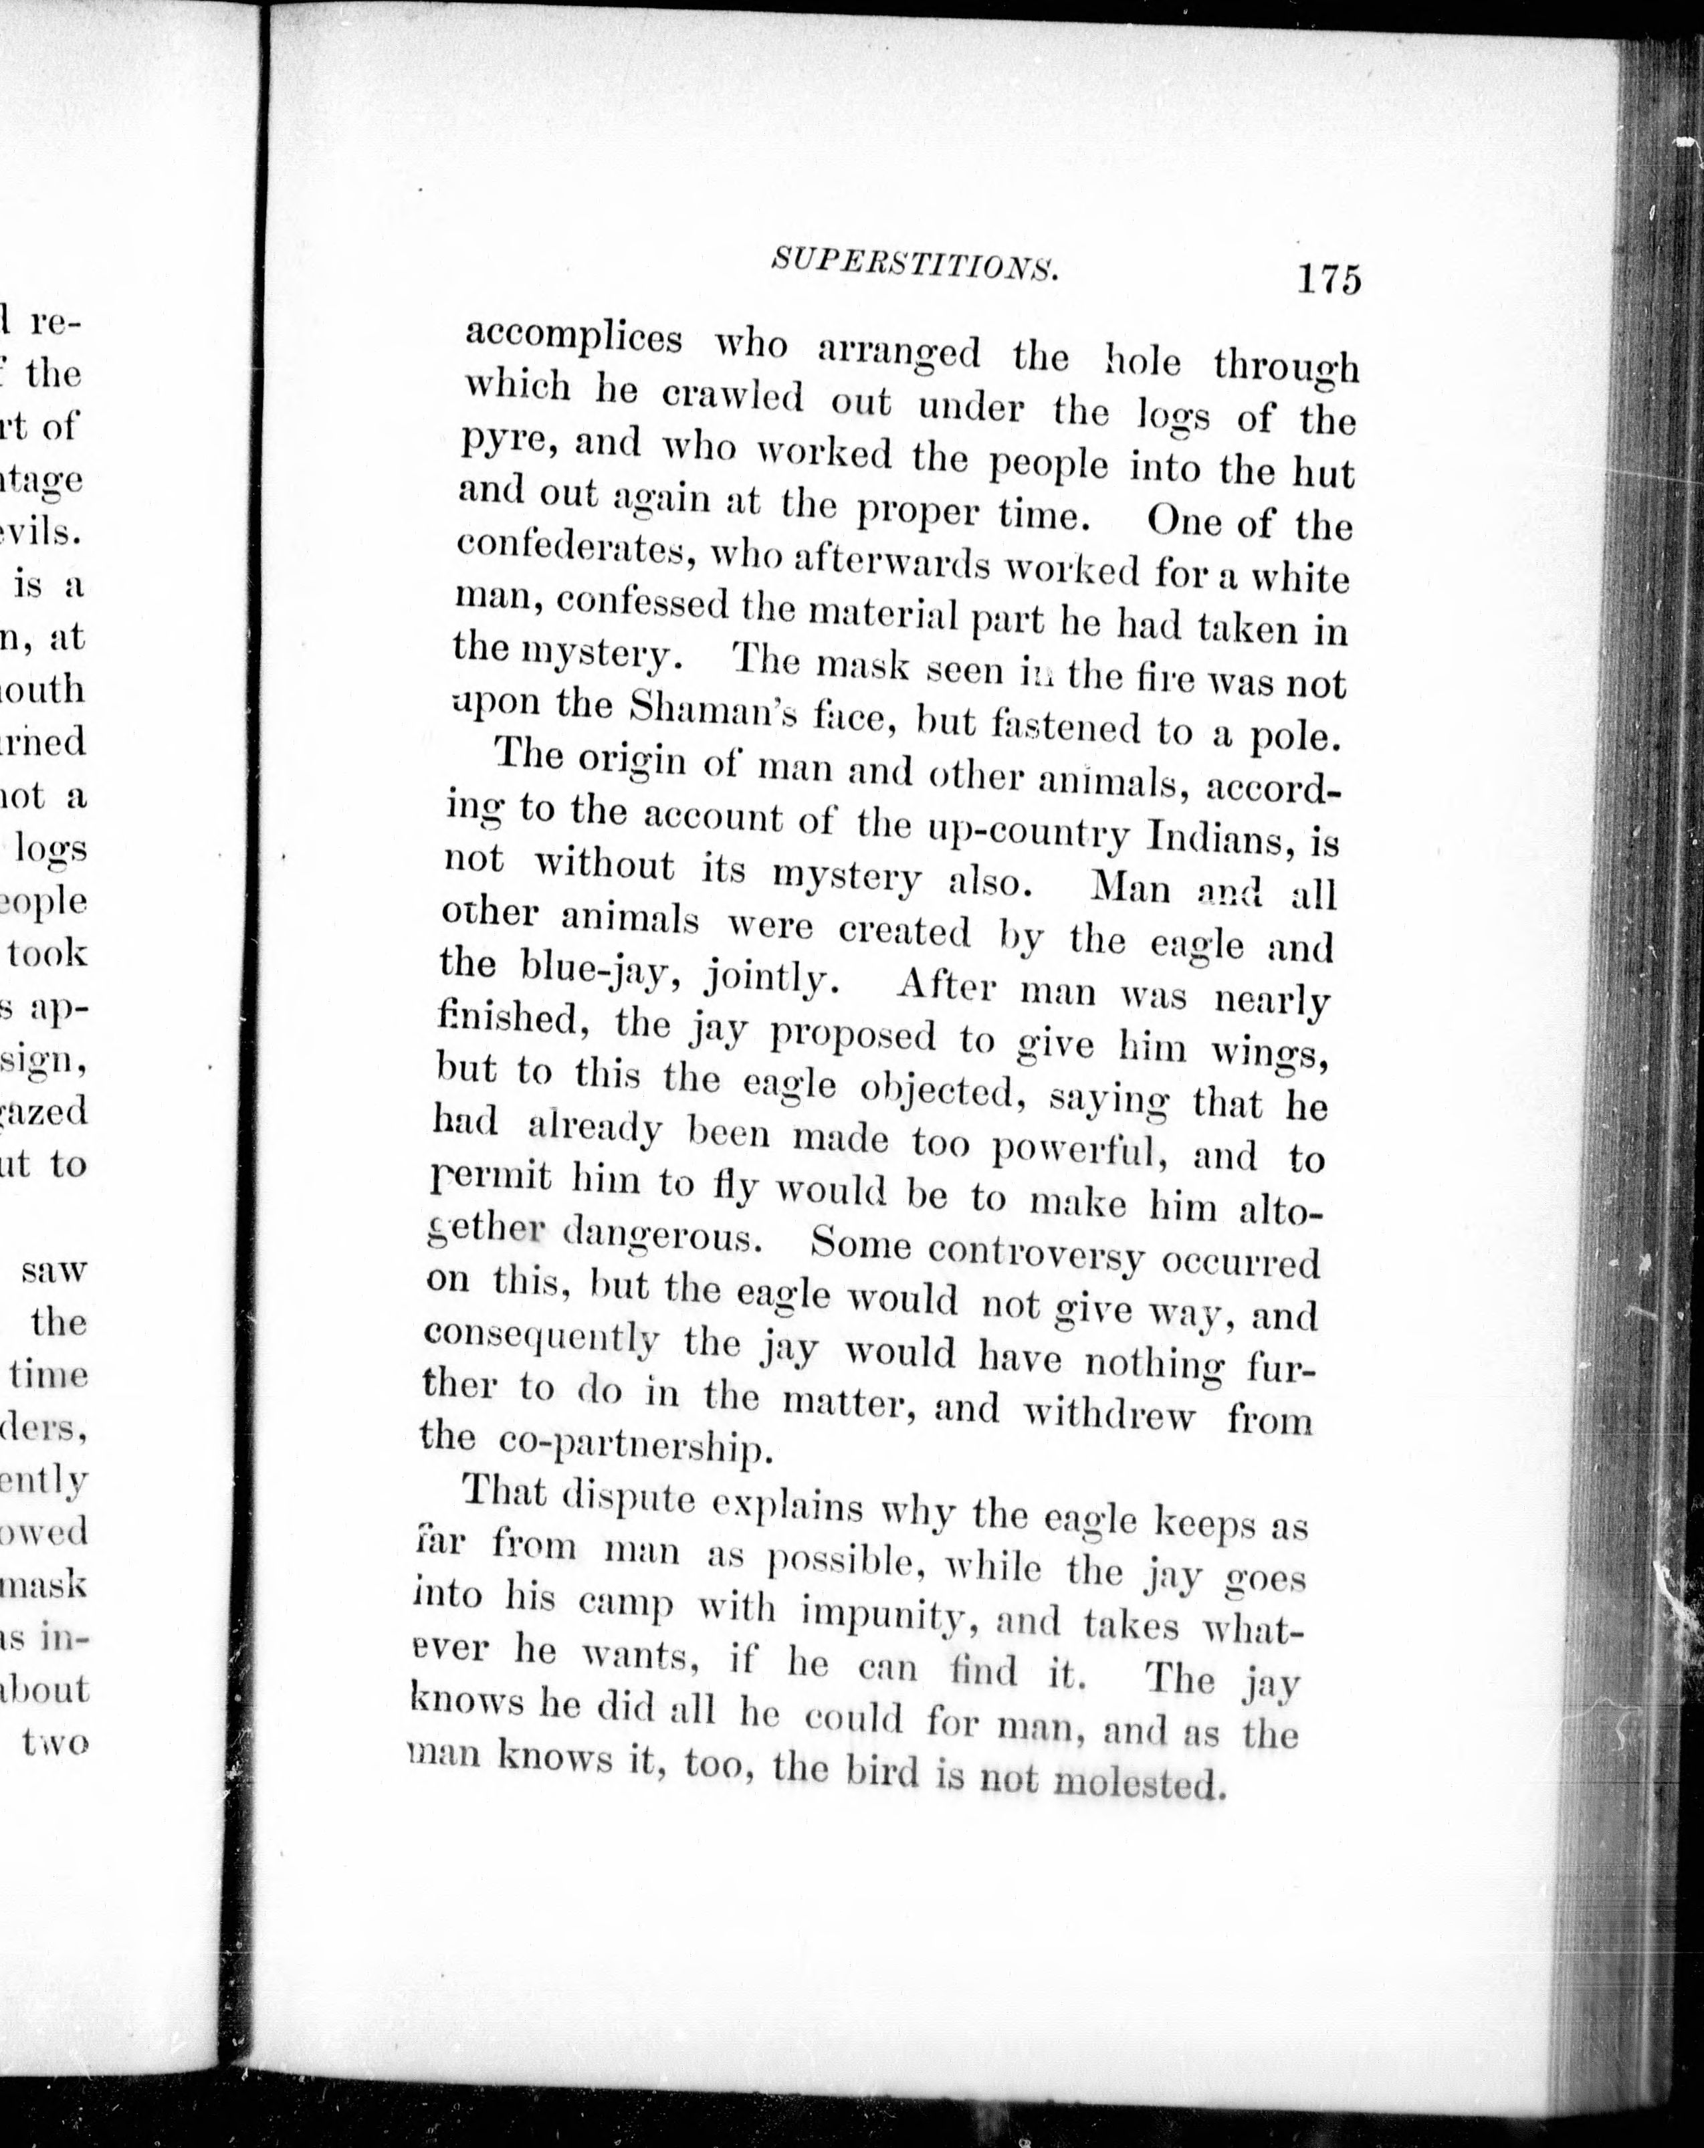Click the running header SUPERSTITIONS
pyautogui.click(x=914, y=267)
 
